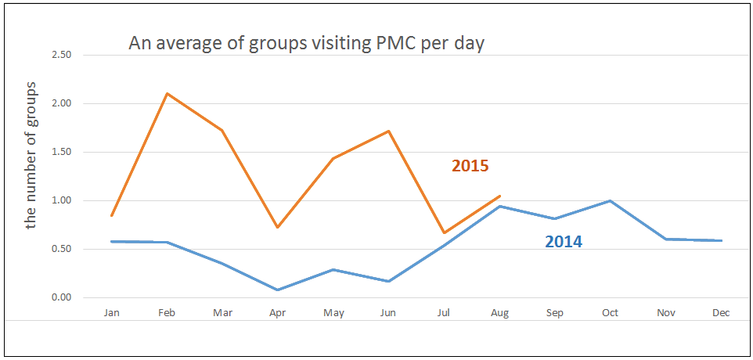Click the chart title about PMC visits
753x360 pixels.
(x=306, y=44)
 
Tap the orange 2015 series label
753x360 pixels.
(x=470, y=166)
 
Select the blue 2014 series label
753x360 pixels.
(x=563, y=242)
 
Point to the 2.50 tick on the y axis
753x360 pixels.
(x=61, y=56)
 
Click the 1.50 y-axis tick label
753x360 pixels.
(x=61, y=153)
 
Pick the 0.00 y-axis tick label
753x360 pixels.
(x=61, y=298)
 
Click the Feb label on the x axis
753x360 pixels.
(x=167, y=313)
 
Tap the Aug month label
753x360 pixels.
(x=499, y=313)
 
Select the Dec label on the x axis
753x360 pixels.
(x=721, y=313)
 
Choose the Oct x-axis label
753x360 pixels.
(x=610, y=313)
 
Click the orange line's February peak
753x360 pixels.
(x=167, y=94)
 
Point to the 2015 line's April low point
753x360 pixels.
(x=278, y=227)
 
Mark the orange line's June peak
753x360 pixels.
(x=389, y=131)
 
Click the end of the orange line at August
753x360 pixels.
(x=499, y=196)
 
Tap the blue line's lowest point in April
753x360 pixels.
(x=278, y=290)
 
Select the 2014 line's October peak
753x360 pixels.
(x=610, y=201)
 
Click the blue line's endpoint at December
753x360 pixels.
(x=721, y=240)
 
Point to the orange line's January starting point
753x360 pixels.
(x=112, y=215)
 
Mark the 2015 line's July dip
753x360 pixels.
(x=444, y=232)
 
